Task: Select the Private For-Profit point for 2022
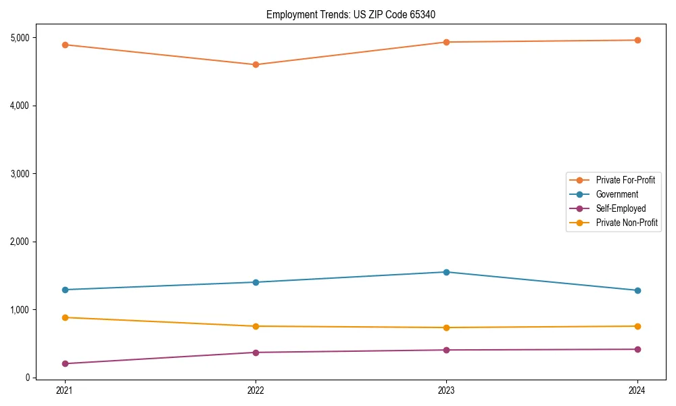point(256,65)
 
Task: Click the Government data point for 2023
point(446,272)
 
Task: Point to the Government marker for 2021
point(65,290)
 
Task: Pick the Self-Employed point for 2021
point(65,363)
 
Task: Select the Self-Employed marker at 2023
point(446,350)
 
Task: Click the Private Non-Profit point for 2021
point(65,317)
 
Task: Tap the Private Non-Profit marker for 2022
point(256,326)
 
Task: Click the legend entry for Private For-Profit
point(625,180)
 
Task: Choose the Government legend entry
point(617,194)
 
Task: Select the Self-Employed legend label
point(621,208)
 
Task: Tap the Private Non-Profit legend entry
point(627,223)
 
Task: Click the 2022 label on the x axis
point(256,390)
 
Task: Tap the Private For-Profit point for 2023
point(446,42)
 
